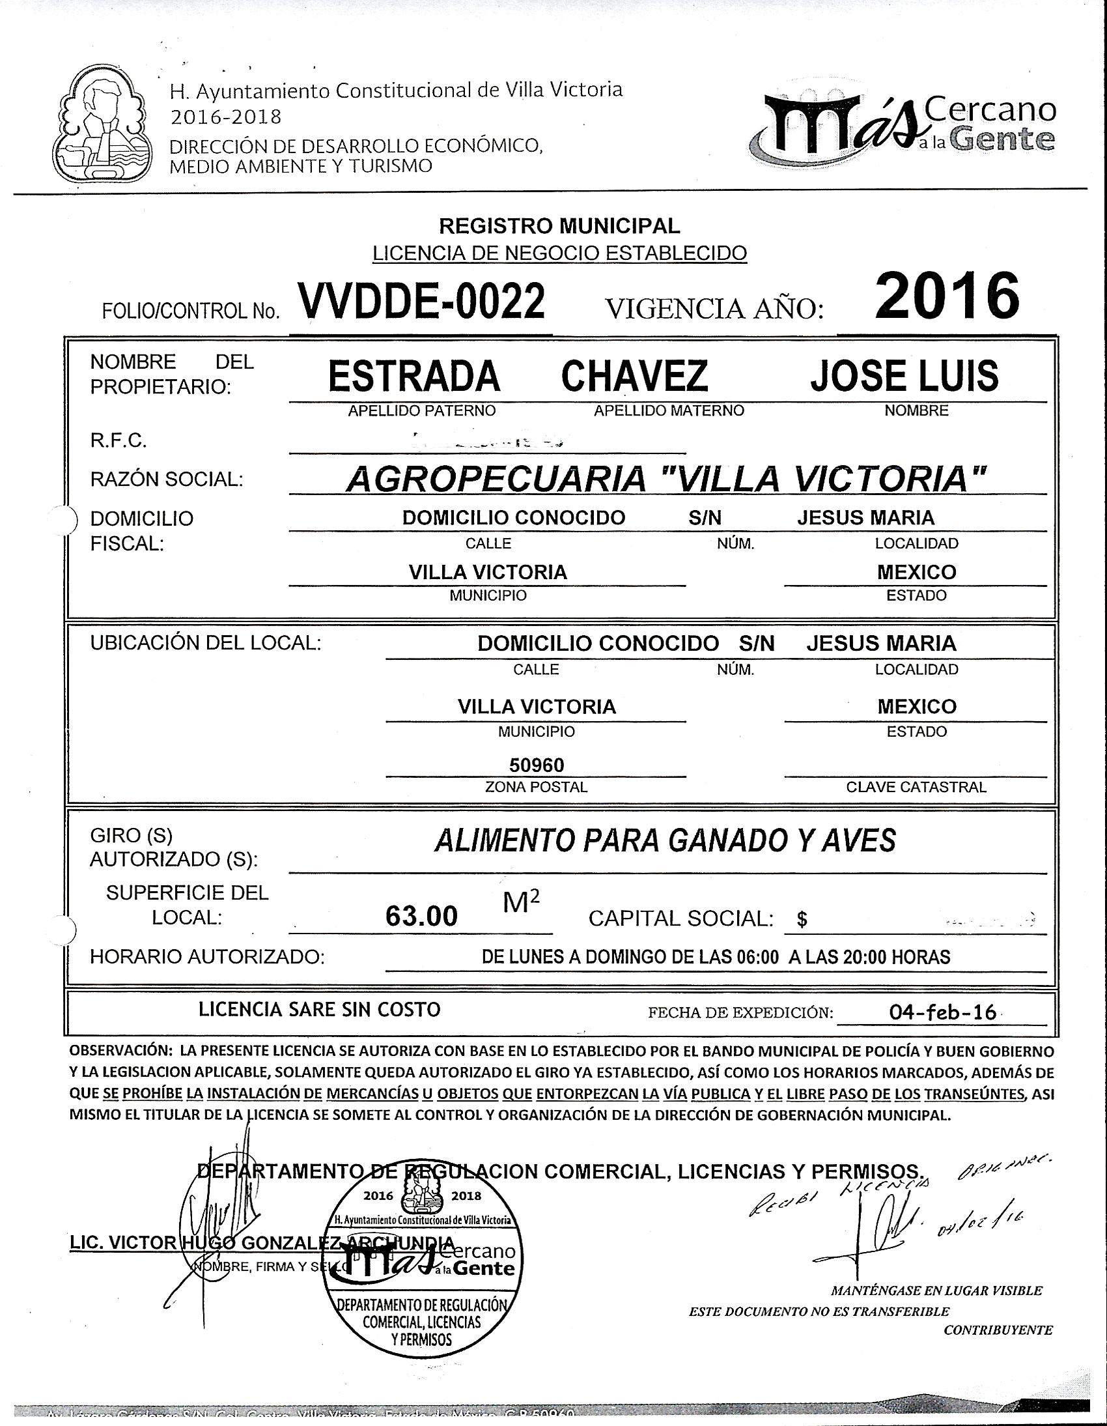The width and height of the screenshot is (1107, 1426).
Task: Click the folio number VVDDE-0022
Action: pos(421,301)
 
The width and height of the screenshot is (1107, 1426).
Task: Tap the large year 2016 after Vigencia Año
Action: pos(946,296)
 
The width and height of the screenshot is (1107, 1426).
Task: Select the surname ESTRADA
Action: pos(413,376)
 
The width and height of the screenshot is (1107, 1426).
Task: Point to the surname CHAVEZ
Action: pos(634,376)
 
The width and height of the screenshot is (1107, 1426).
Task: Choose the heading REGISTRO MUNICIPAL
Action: pos(559,226)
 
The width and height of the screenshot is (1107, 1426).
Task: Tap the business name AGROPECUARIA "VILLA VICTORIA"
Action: pos(664,480)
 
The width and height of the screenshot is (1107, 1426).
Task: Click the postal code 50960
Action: pos(537,765)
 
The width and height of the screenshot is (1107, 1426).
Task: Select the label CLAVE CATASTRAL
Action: pos(916,787)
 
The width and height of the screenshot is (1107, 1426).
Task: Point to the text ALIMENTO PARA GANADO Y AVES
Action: pos(665,840)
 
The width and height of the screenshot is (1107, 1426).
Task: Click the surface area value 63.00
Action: pos(422,917)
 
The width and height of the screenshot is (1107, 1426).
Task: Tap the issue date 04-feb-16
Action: pos(942,1013)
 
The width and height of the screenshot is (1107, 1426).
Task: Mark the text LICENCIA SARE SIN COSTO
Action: pos(319,1010)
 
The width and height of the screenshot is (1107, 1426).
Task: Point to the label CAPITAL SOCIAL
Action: pos(680,918)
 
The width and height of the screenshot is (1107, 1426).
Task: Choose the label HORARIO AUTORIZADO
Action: pos(207,957)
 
